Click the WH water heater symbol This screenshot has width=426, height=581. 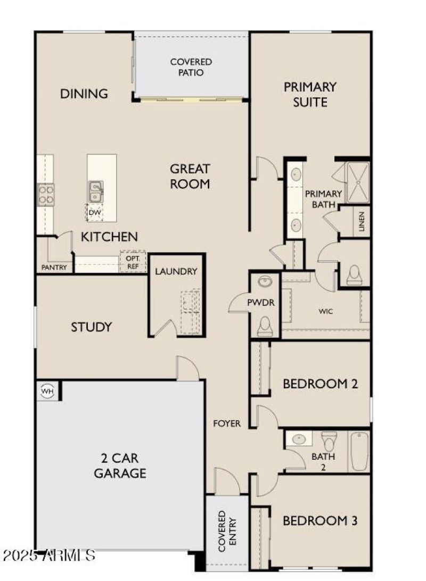coord(47,392)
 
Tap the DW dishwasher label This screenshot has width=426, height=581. coord(94,213)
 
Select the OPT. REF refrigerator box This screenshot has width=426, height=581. coord(133,261)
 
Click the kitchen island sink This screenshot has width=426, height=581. coord(96,192)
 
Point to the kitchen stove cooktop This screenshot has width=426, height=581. coord(45,195)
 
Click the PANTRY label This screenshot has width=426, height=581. coord(54,268)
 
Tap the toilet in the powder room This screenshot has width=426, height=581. coord(265,326)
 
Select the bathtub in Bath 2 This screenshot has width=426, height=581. coord(359,451)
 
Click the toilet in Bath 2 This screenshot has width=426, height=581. coord(329,440)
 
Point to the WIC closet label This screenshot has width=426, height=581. coord(326,311)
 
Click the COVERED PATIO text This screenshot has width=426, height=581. coord(191,67)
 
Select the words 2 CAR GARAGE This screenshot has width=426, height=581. coord(120,466)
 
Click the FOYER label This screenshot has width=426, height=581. coord(227,424)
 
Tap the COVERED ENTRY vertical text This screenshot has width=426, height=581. coord(226,531)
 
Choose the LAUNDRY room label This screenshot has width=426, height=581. coord(176,271)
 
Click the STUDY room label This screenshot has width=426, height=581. coord(92,327)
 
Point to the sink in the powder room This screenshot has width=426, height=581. coord(265,282)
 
